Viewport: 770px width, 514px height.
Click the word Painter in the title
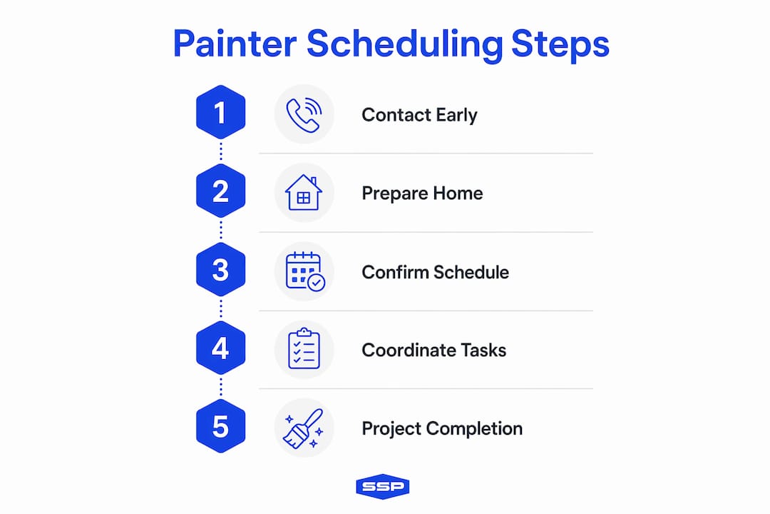coord(235,44)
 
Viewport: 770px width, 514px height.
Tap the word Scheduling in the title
coord(405,45)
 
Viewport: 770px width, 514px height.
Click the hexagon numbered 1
coord(220,112)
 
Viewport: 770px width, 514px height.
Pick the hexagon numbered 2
coord(220,191)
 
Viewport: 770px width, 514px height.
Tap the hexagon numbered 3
coord(220,270)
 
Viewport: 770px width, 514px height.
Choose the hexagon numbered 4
coord(220,348)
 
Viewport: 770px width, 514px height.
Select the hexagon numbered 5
coord(220,426)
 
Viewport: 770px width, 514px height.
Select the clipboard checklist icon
coord(304,348)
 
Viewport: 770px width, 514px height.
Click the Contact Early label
coord(419,115)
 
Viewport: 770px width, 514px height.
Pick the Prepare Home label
coord(422,193)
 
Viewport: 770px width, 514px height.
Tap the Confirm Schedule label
coord(435,272)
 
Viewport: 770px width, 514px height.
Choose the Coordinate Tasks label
coord(433,351)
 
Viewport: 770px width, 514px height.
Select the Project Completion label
coord(442,428)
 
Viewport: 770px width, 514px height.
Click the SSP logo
coord(383,486)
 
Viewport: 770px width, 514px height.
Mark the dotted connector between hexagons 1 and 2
coord(220,151)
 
